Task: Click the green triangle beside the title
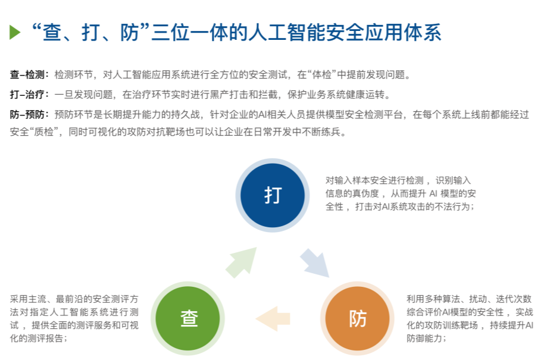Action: pos(14,32)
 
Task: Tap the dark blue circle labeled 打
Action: pos(273,195)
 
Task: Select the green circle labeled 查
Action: pos(188,318)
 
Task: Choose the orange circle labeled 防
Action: pos(358,318)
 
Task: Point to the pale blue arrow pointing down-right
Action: pos(315,264)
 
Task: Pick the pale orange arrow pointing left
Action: pos(273,318)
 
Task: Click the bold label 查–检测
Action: pos(27,74)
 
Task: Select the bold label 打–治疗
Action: pos(27,95)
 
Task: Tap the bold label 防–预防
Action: pos(27,115)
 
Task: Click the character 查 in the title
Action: pos(52,32)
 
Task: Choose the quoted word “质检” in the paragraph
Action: pos(43,132)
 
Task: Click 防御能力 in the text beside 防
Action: pos(424,338)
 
